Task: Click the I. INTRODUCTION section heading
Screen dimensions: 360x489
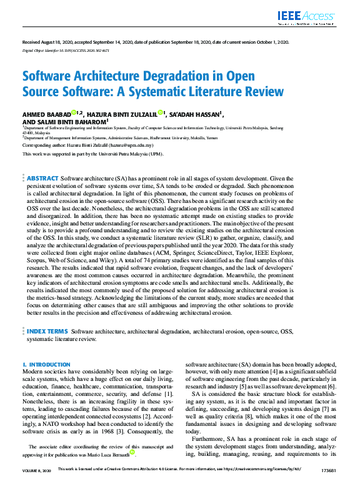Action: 46,364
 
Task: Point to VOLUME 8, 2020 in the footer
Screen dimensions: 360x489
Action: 37,484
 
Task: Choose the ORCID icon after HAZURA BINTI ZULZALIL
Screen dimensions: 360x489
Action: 161,112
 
